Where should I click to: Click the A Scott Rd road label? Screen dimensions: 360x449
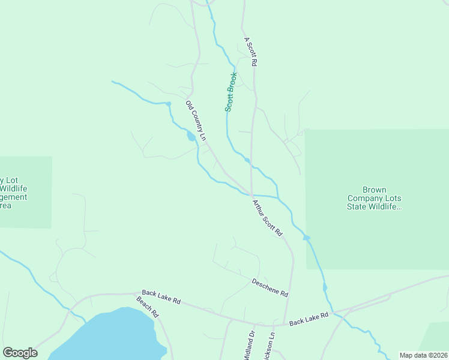(250, 52)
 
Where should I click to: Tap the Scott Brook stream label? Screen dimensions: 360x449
(231, 92)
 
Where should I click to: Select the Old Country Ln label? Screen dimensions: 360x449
(196, 121)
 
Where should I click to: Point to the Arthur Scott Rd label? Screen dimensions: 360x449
(267, 217)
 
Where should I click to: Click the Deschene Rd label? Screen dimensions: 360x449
(270, 287)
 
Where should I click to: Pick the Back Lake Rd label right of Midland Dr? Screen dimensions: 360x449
(309, 319)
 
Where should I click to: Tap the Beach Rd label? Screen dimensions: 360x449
(147, 307)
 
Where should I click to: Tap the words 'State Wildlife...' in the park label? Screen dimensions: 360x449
(373, 207)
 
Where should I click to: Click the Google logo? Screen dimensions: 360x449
(20, 353)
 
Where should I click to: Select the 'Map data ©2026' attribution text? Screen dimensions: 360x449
(423, 355)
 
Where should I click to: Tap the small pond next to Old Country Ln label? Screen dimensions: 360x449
(191, 137)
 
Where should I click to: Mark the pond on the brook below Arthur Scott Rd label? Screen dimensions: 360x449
(307, 238)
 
